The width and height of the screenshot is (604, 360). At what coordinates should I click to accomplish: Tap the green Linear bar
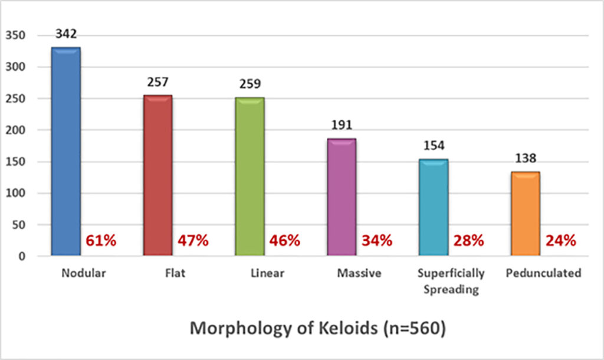click(250, 176)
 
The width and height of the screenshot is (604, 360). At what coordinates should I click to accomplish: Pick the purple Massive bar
click(342, 197)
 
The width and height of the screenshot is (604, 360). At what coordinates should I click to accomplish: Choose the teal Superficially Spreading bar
click(434, 207)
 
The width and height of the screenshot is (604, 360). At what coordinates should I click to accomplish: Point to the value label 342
click(65, 34)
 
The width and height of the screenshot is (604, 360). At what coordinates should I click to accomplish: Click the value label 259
click(250, 84)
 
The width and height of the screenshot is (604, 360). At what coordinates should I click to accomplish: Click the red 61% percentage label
click(101, 241)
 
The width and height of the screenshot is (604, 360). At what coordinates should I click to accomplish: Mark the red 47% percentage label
click(193, 241)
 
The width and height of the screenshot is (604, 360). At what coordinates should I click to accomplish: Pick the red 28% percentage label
click(468, 241)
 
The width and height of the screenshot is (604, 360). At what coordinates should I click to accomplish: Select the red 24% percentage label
click(560, 241)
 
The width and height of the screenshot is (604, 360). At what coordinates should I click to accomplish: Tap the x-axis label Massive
click(359, 273)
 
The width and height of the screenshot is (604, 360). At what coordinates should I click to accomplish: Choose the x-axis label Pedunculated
click(543, 273)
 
